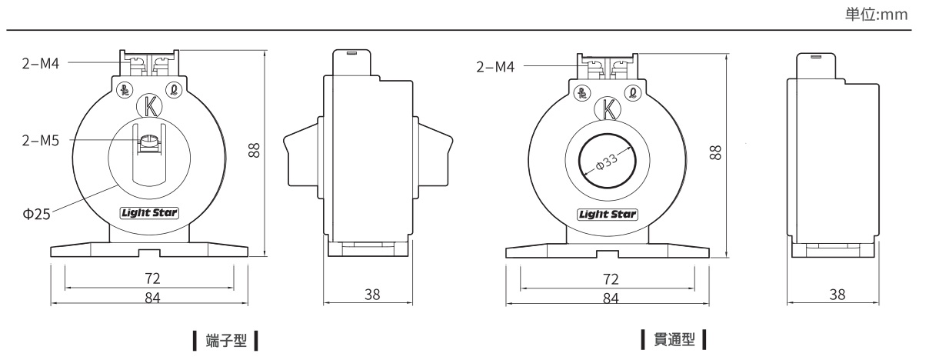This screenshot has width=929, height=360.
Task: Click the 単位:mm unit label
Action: coord(877,15)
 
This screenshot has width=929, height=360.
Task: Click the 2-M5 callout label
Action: coord(41,141)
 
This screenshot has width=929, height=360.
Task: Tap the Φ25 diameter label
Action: coord(36,214)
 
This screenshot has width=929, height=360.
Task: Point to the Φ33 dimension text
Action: coord(607,162)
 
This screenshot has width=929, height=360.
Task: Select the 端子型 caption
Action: coord(226,341)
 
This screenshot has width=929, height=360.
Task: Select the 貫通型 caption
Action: coord(674,339)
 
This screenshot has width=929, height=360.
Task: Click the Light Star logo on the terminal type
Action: coord(149,213)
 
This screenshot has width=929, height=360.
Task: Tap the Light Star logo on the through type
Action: coord(608,215)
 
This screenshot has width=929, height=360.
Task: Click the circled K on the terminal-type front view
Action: coord(149,106)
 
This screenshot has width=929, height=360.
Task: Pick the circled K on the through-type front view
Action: coord(608,110)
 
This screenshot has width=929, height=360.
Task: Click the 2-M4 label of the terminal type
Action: coord(41,63)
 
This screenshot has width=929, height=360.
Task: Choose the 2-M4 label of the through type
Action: coord(495,67)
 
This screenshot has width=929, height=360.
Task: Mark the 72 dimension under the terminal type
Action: coord(152,278)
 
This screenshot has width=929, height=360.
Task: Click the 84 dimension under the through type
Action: coord(611,298)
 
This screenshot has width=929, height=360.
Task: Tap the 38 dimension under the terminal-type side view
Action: coord(372,295)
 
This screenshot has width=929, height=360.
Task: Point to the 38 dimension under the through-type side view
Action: coord(837,295)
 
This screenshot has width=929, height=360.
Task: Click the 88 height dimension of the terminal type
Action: coord(254,150)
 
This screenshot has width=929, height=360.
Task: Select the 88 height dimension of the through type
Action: coord(716,152)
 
